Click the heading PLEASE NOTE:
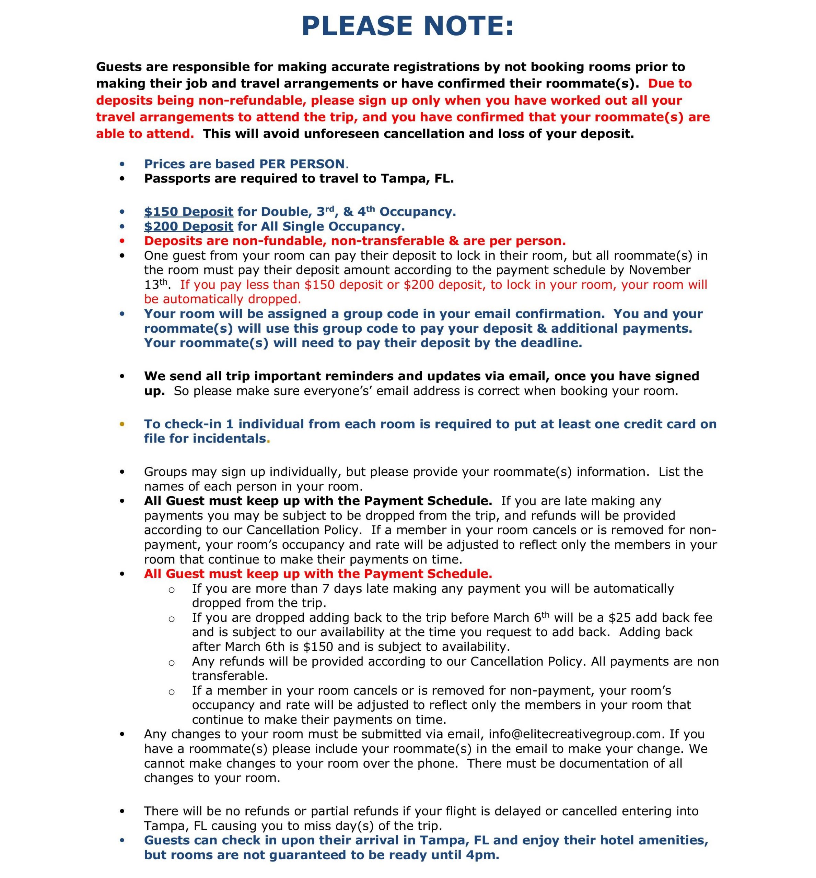pyautogui.click(x=408, y=26)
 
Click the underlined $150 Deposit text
pyautogui.click(x=188, y=212)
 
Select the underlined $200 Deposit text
pyautogui.click(x=188, y=226)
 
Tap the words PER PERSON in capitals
pyautogui.click(x=302, y=164)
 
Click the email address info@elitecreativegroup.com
pyautogui.click(x=576, y=734)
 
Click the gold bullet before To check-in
pyautogui.click(x=122, y=424)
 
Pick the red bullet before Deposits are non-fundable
pyautogui.click(x=122, y=241)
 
